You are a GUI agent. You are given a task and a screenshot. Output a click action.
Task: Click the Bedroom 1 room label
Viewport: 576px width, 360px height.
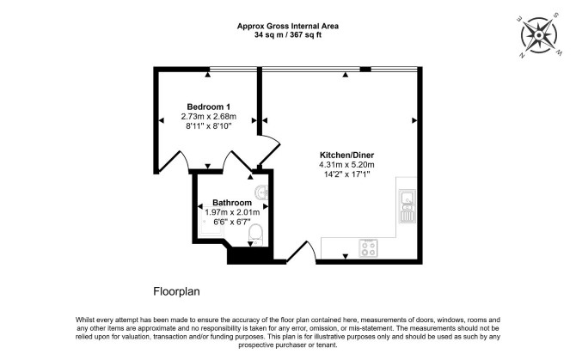[x=209, y=107]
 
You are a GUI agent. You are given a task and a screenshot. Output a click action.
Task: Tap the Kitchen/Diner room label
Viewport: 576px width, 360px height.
[x=346, y=155]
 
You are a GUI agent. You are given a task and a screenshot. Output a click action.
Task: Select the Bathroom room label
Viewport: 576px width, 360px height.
[x=232, y=203]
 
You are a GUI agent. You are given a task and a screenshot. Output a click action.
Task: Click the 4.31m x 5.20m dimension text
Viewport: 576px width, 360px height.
[x=346, y=165]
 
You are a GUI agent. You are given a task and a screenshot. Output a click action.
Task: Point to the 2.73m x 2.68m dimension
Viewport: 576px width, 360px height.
[x=209, y=116]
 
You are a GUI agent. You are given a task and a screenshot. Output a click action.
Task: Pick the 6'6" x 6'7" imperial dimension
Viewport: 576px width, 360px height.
[x=232, y=222]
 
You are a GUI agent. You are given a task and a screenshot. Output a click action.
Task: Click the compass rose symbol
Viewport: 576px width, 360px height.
[x=539, y=35]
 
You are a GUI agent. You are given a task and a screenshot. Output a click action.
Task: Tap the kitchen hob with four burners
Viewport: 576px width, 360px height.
[x=368, y=247]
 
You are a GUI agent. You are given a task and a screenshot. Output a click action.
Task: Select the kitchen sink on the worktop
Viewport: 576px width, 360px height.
[x=407, y=206]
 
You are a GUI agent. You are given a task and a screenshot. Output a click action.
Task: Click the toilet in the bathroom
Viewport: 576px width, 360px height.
[x=255, y=235]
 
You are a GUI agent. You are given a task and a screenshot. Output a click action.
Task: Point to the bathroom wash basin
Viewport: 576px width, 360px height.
[x=262, y=192]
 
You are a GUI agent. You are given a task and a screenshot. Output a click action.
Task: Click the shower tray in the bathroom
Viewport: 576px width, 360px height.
[x=211, y=221]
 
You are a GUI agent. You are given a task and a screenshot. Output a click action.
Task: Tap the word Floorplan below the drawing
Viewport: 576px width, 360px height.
[x=176, y=292]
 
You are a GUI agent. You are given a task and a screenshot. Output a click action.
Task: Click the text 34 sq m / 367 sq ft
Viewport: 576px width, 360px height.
[x=288, y=35]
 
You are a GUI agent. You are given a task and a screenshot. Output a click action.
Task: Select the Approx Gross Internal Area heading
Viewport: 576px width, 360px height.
[x=288, y=26]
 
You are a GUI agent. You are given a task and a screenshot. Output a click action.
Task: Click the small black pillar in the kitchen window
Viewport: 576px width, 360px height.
[x=365, y=69]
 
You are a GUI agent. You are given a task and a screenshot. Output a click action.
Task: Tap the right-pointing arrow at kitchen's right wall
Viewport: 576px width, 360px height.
[x=414, y=120]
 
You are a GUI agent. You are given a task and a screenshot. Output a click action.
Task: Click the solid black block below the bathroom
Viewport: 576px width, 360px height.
[x=250, y=255]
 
